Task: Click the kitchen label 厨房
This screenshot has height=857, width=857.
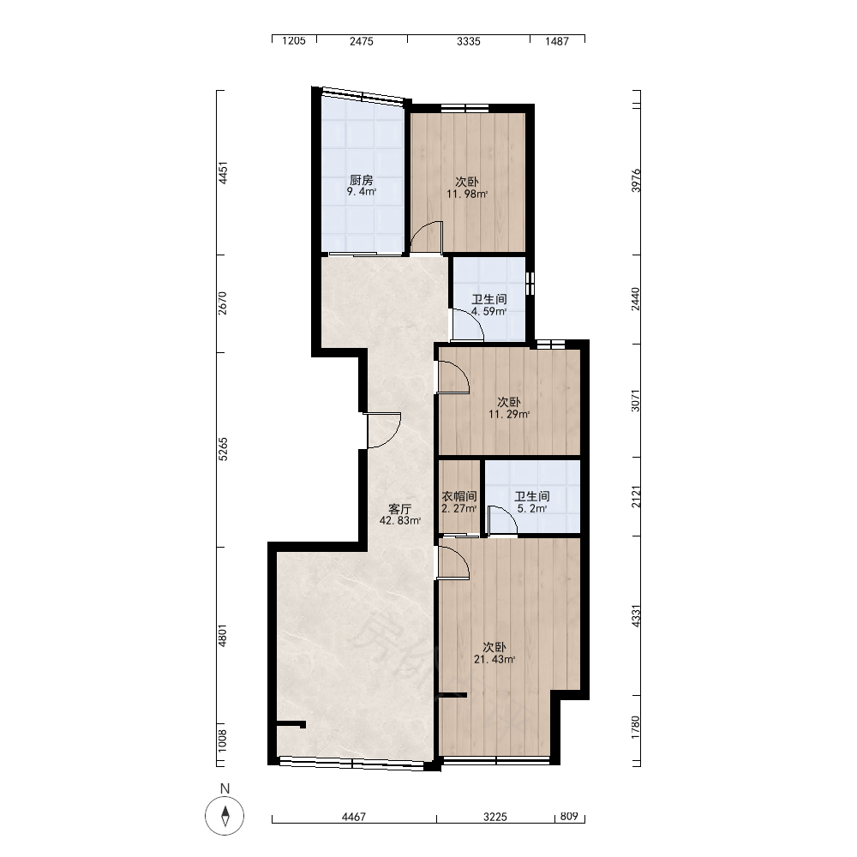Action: click(361, 180)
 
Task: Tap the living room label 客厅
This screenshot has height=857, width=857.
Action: click(399, 509)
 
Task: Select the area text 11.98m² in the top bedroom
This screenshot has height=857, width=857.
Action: click(467, 194)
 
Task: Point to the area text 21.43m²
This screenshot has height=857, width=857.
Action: click(494, 660)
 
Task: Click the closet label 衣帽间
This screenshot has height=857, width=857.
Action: click(459, 496)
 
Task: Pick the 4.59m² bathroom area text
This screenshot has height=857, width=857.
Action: click(489, 312)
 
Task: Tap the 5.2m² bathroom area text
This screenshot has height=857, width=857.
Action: click(532, 508)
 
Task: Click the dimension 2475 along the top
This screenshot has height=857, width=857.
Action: click(362, 41)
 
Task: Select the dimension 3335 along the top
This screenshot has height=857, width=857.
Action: click(469, 41)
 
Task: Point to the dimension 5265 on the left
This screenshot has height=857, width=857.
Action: click(223, 449)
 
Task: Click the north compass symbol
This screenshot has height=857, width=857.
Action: click(225, 816)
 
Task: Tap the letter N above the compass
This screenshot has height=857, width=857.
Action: click(225, 788)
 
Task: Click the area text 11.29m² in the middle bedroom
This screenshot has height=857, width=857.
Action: click(509, 414)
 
